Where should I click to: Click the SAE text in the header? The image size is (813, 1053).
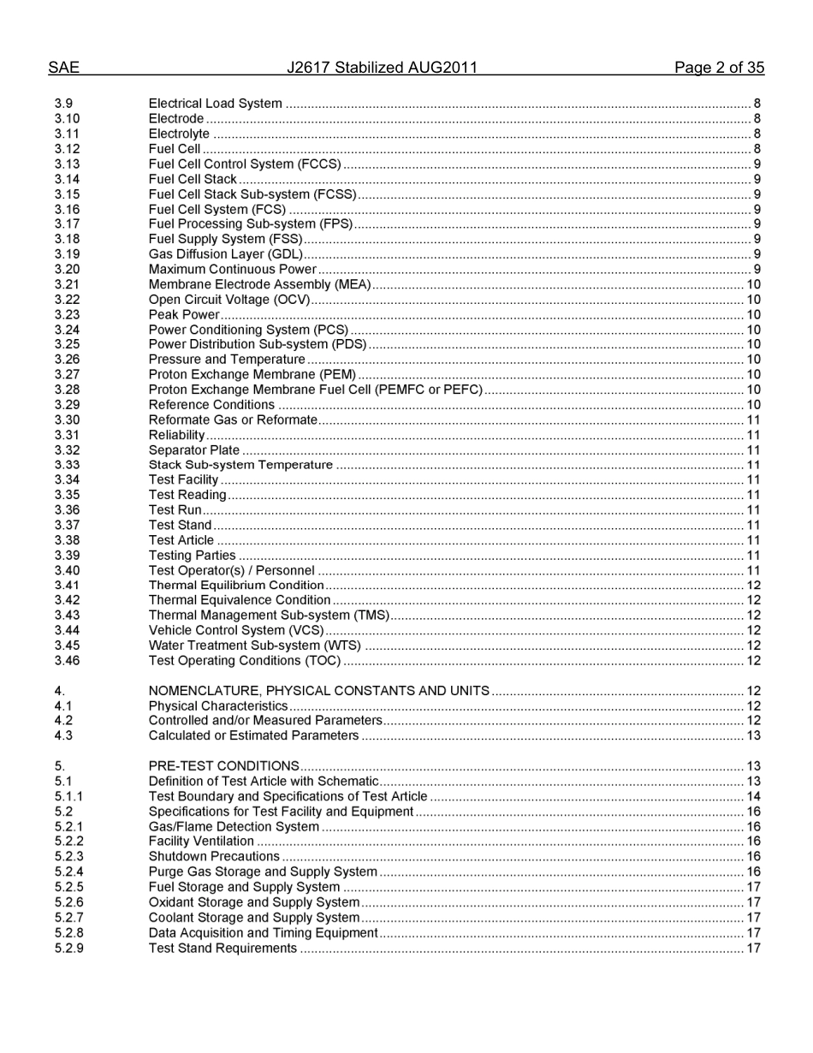click(63, 68)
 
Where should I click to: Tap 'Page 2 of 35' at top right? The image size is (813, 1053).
click(719, 68)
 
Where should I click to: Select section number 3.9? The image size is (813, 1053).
click(63, 104)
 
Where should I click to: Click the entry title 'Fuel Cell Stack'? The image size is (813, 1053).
click(193, 179)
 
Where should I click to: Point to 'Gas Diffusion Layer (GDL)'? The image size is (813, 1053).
click(225, 254)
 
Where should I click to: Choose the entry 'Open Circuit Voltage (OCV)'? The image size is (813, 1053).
click(228, 300)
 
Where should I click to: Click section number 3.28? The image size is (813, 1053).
click(67, 390)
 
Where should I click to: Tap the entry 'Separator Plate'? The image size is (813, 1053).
click(194, 450)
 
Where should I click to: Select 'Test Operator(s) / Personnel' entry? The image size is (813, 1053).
click(231, 570)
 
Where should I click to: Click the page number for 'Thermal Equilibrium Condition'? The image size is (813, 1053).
click(753, 586)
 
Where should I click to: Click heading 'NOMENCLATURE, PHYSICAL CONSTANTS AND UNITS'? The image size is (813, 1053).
click(318, 691)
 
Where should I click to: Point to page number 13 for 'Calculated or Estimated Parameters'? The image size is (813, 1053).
click(753, 735)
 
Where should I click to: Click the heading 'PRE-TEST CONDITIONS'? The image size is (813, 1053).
click(223, 766)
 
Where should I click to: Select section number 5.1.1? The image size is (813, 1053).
click(68, 796)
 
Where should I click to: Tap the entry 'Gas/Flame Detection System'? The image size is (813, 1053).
click(234, 827)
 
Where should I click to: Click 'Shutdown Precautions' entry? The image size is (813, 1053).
click(214, 857)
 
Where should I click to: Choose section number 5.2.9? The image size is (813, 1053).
click(68, 948)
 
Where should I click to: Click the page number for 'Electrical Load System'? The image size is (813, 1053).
click(757, 104)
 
